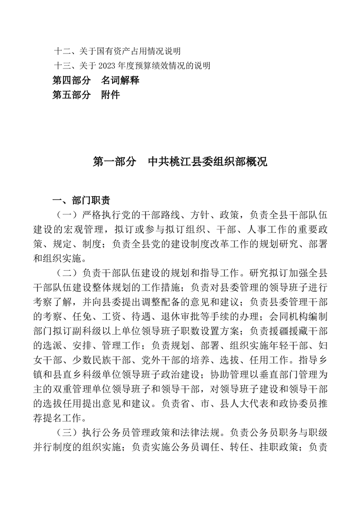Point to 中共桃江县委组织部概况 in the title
208,162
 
